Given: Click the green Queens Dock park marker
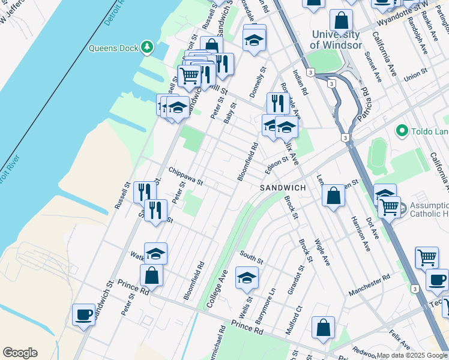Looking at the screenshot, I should coord(146,47).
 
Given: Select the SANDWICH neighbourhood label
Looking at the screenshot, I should coord(283,188).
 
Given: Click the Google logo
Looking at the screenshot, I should coord(20,353).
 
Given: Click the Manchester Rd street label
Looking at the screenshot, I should coord(369,285).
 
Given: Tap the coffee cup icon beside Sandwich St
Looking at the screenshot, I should coord(83,314).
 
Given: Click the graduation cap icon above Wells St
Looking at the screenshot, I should coord(247,277).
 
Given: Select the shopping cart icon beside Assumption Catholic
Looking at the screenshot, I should coord(390,208).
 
